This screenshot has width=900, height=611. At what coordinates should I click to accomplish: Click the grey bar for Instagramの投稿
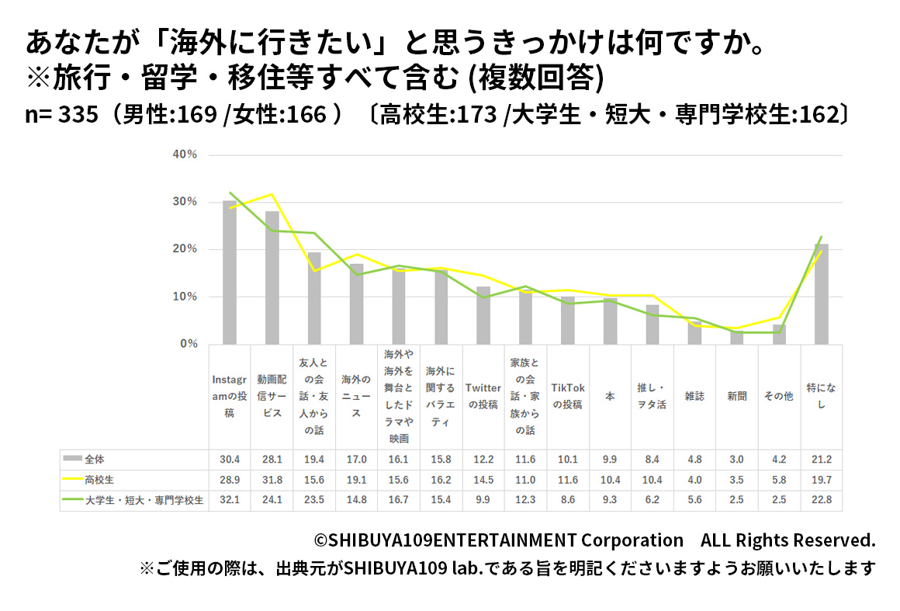(230, 272)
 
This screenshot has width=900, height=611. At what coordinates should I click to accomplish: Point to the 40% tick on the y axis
(185, 154)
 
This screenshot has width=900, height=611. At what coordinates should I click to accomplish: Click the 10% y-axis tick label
(185, 297)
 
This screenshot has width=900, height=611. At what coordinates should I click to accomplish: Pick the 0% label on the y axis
(189, 344)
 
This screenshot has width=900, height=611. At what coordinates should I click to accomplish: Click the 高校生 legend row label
(100, 481)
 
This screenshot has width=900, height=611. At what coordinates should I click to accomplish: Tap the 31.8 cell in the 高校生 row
(272, 481)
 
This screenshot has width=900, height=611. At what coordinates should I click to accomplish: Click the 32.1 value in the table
(230, 501)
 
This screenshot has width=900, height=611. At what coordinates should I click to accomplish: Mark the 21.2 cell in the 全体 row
(821, 460)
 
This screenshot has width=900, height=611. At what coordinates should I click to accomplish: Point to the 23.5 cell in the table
(314, 501)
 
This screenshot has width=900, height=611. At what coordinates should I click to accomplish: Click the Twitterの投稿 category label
(483, 396)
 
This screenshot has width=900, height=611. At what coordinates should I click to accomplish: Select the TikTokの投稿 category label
(568, 396)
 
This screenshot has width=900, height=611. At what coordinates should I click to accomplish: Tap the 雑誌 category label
(694, 396)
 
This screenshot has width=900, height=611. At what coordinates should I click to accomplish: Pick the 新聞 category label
(736, 396)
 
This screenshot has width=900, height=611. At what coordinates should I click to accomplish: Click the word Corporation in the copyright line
(632, 540)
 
